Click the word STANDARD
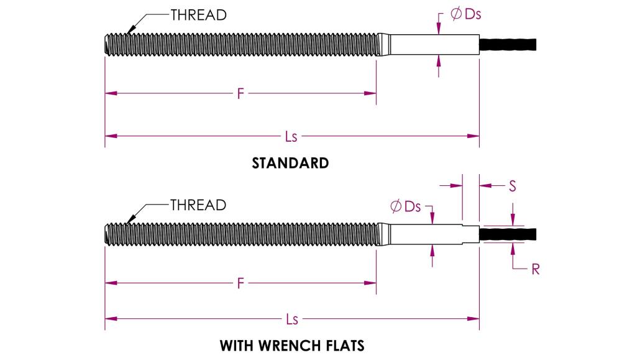click(x=290, y=163)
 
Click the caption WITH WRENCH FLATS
click(x=292, y=346)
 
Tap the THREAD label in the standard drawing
click(x=198, y=15)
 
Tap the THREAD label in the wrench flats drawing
click(x=198, y=205)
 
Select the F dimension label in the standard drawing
click(x=241, y=94)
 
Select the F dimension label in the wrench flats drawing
click(x=241, y=283)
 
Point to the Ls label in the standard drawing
click(x=291, y=137)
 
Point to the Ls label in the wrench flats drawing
click(x=292, y=319)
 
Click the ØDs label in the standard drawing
click(x=466, y=14)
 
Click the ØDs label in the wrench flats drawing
click(x=405, y=206)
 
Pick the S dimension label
click(x=513, y=187)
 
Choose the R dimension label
click(x=536, y=269)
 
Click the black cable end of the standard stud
click(x=508, y=45)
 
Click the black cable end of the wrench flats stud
click(x=508, y=234)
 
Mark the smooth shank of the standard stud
click(x=434, y=45)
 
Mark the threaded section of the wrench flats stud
click(x=242, y=234)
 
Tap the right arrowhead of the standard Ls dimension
click(x=473, y=136)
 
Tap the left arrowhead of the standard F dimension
click(x=111, y=94)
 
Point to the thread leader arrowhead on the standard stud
click(x=130, y=30)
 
